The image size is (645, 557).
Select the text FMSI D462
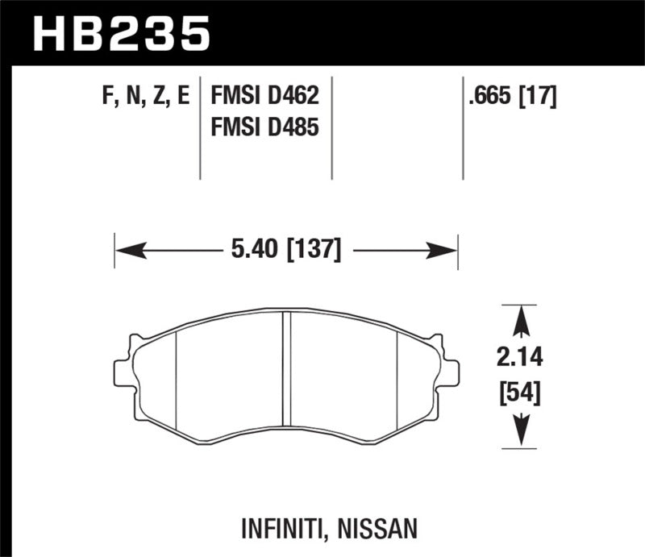pyautogui.click(x=265, y=98)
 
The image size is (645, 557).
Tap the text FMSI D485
pyautogui.click(x=265, y=127)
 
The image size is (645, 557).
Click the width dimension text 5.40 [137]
pyautogui.click(x=286, y=251)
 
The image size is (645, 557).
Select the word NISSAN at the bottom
pyautogui.click(x=378, y=529)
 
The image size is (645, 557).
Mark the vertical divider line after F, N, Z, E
pyautogui.click(x=200, y=129)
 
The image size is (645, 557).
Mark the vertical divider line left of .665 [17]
pyautogui.click(x=463, y=129)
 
